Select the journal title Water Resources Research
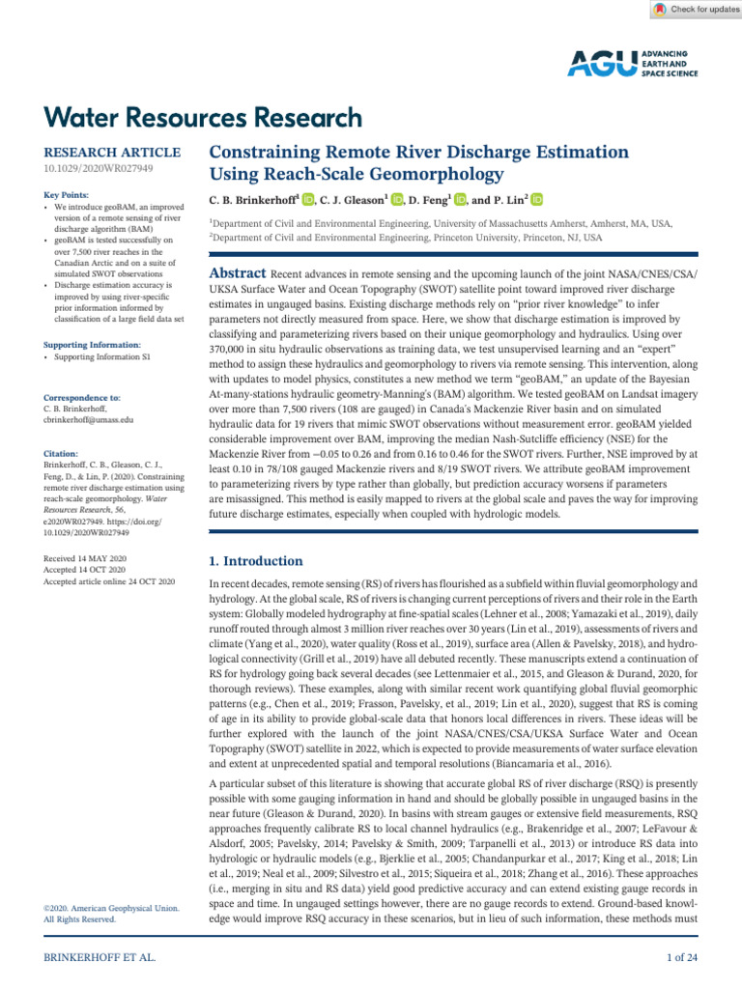(x=203, y=118)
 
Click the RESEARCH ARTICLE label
(x=112, y=153)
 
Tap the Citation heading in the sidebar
(x=62, y=452)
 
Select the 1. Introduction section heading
(x=256, y=561)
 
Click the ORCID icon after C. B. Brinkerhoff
(x=308, y=200)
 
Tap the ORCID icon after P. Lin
(x=537, y=200)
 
